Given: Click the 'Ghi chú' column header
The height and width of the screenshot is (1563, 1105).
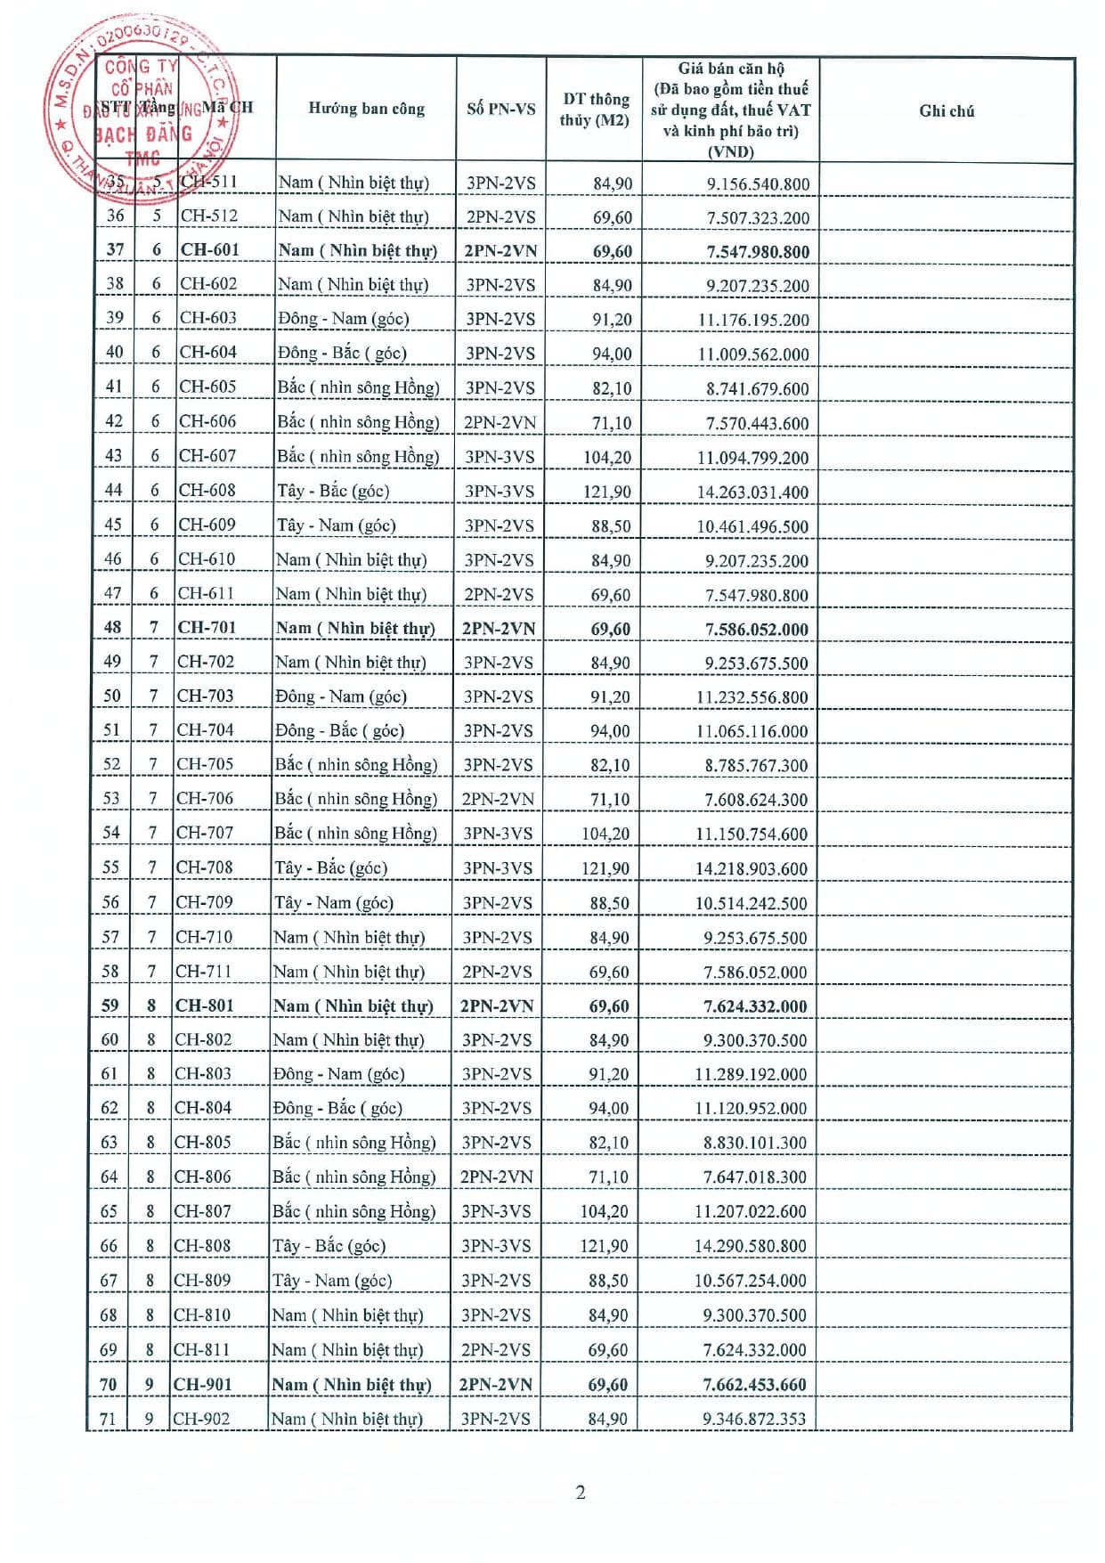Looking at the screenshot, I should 947,111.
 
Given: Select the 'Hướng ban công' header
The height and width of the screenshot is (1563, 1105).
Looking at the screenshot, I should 366,109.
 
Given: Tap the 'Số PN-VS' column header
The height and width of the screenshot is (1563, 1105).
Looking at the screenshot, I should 500,109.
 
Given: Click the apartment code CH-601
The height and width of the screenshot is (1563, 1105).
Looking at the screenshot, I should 210,250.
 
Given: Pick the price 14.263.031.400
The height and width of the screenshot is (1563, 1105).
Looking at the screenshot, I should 752,492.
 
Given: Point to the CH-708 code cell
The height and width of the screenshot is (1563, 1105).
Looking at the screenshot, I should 205,867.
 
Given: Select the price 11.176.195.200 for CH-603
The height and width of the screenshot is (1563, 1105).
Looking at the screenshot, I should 753,320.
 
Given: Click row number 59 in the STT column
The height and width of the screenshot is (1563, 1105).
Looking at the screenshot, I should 110,1005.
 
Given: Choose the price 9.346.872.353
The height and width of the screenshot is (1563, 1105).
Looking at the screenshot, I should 753,1419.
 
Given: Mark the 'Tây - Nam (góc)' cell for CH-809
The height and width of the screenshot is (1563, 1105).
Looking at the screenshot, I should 332,1281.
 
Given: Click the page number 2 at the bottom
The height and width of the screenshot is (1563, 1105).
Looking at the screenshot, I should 581,1493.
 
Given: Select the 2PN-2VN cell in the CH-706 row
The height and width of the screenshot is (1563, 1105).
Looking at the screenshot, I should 498,799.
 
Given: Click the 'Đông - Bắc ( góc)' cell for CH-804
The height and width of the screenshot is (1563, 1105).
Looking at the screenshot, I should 337,1108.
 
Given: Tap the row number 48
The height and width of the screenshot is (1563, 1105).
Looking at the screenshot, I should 112,628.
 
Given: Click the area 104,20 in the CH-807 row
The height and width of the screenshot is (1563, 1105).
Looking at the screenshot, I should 604,1211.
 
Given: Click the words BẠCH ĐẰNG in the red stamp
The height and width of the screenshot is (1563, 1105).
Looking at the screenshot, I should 143,134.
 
